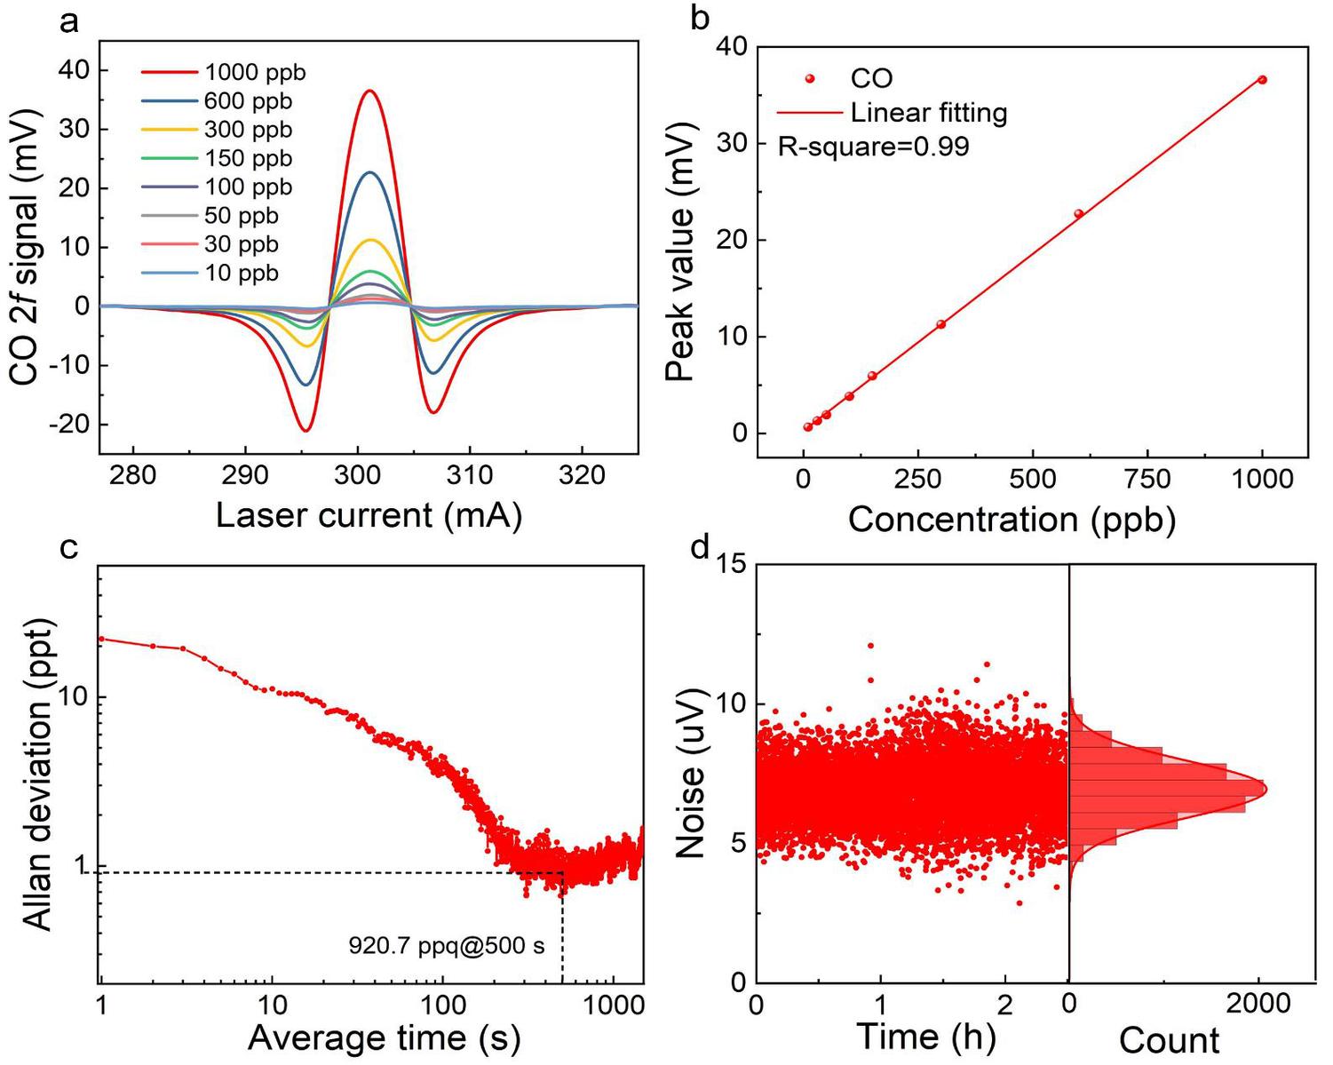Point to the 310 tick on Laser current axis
[x=470, y=475]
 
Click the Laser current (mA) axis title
[x=369, y=515]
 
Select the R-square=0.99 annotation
[x=873, y=147]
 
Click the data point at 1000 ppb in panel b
[x=1262, y=80]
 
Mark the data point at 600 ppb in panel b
[x=1078, y=214]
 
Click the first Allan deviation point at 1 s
[x=101, y=639]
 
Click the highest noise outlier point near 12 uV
[x=870, y=646]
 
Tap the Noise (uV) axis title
[x=690, y=773]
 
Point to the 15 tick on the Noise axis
[x=733, y=565]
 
